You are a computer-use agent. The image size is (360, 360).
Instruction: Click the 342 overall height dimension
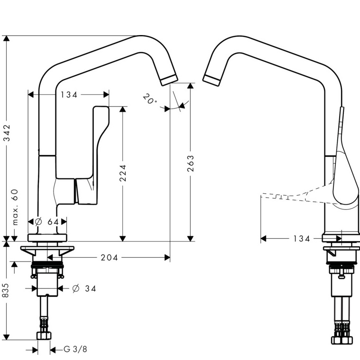(7, 133)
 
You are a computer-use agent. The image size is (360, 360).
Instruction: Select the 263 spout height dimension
(190, 163)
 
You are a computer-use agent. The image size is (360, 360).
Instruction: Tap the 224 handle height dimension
(123, 173)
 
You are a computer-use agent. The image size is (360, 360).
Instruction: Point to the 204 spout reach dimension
(109, 258)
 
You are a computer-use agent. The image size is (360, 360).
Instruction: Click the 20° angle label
(150, 99)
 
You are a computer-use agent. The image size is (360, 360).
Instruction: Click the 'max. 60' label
(15, 207)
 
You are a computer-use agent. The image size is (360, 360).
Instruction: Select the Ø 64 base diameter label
(47, 222)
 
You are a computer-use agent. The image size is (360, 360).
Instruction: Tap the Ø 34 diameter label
(84, 288)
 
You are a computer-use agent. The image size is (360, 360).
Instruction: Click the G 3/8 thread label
(75, 349)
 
